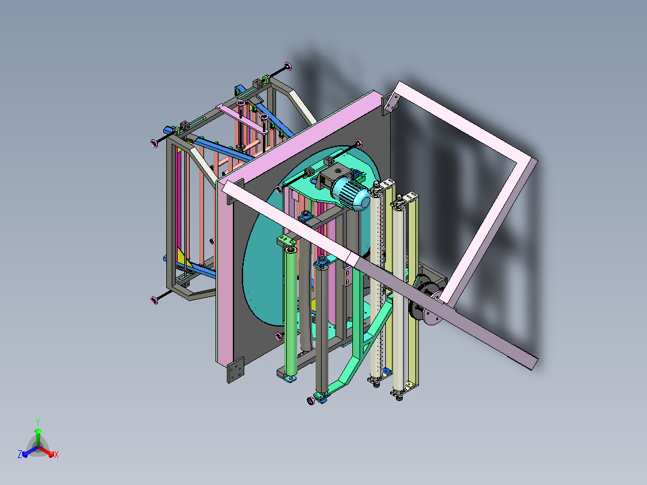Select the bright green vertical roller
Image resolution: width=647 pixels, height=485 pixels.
point(291,310)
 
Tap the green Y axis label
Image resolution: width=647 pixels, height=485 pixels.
point(38,422)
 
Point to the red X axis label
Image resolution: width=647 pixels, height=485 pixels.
point(56,454)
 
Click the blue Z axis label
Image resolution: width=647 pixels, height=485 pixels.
point(20,454)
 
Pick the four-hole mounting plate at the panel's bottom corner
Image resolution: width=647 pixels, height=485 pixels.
point(236,370)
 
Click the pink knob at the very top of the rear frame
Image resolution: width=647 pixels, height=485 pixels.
point(287,66)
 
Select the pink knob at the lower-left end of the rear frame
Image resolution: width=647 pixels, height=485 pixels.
point(154,300)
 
